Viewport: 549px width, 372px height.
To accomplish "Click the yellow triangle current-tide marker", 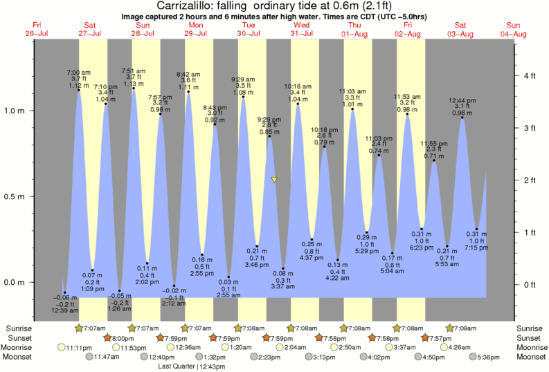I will (275, 180).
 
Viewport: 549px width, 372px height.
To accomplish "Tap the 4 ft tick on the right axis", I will (530, 75).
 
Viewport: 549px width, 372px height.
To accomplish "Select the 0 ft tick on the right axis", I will (530, 284).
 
